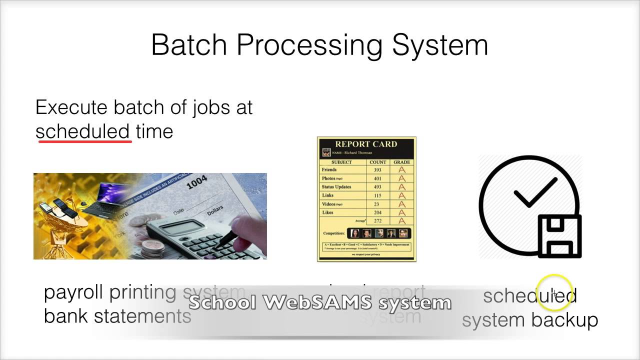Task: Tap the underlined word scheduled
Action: (83, 131)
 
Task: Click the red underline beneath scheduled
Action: (85, 142)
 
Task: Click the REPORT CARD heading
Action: (366, 144)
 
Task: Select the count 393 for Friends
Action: (377, 170)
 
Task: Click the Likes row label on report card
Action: (328, 212)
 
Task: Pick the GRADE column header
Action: (401, 162)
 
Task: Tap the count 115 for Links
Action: (377, 195)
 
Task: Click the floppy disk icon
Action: (559, 236)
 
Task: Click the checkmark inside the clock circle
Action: (535, 193)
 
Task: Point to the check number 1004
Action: (196, 183)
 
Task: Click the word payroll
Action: (74, 292)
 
